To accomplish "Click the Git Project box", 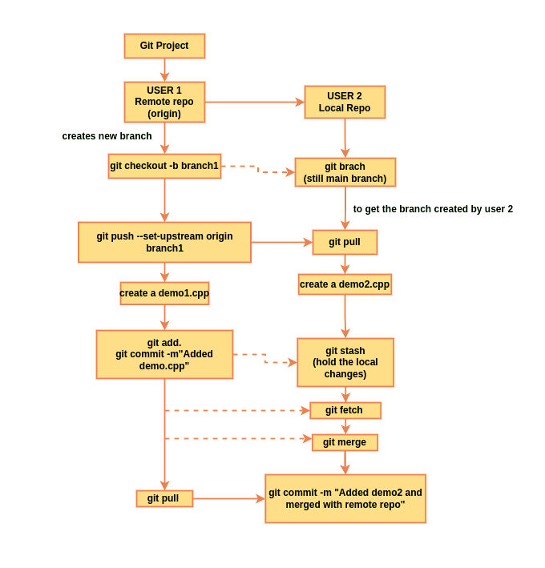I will pyautogui.click(x=164, y=46).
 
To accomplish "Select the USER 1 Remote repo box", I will pyautogui.click(x=164, y=102).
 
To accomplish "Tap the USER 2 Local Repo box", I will pyautogui.click(x=345, y=102).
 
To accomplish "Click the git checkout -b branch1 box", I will pyautogui.click(x=164, y=166).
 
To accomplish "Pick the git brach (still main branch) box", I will pyautogui.click(x=345, y=172).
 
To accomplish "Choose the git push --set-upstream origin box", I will pyautogui.click(x=164, y=242).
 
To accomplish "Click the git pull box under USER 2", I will pyautogui.click(x=345, y=242).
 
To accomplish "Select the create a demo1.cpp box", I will pyautogui.click(x=164, y=293).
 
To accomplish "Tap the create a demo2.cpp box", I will pyautogui.click(x=345, y=284).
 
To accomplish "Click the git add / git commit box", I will pyautogui.click(x=164, y=354).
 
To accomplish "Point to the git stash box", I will pyautogui.click(x=345, y=362).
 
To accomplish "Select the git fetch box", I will pyautogui.click(x=345, y=410).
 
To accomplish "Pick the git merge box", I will pyautogui.click(x=345, y=442).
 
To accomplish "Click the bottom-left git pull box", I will pyautogui.click(x=164, y=498).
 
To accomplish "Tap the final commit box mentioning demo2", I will pyautogui.click(x=345, y=498).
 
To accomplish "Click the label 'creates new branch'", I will pyautogui.click(x=107, y=136).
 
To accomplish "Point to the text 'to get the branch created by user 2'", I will pyautogui.click(x=433, y=209).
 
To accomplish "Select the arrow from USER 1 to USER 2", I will pyautogui.click(x=255, y=102).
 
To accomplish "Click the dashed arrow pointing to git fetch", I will pyautogui.click(x=236, y=410).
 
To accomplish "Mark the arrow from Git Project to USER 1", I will pyautogui.click(x=164, y=70).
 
